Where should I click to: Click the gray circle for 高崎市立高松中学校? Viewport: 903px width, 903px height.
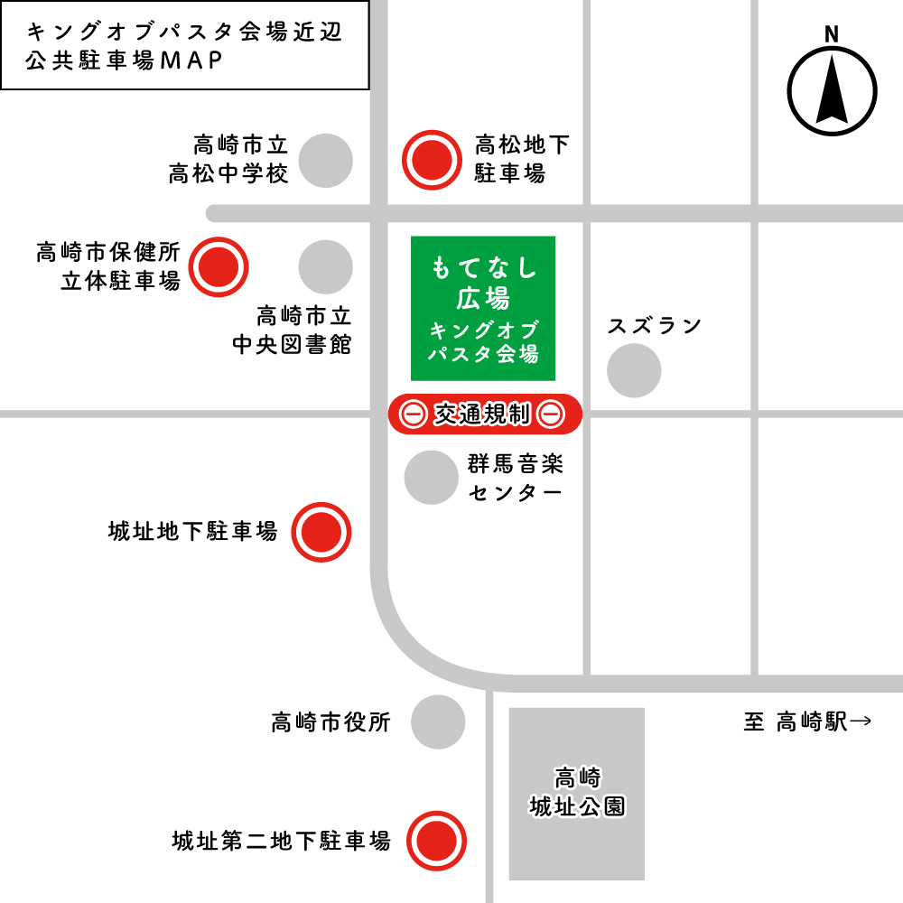[x=325, y=161]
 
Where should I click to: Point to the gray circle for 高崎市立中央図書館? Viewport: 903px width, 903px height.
[x=325, y=267]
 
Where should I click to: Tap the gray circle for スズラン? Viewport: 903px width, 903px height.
[x=634, y=370]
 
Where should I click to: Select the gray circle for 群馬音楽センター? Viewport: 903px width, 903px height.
[x=431, y=477]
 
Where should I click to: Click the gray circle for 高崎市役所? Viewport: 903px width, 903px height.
[x=438, y=721]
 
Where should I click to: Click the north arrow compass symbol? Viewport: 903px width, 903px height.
[x=832, y=90]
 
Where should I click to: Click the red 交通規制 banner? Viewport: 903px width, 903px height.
[x=485, y=414]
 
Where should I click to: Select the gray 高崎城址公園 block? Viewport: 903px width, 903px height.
[x=577, y=793]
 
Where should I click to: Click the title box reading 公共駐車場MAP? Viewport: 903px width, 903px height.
[x=185, y=45]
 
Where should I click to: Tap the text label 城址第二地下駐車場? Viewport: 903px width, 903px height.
[x=282, y=841]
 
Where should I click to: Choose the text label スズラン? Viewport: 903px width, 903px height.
[x=655, y=326]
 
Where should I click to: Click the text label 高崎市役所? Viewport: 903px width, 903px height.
[x=330, y=722]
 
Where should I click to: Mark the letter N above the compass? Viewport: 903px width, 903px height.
[x=832, y=34]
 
